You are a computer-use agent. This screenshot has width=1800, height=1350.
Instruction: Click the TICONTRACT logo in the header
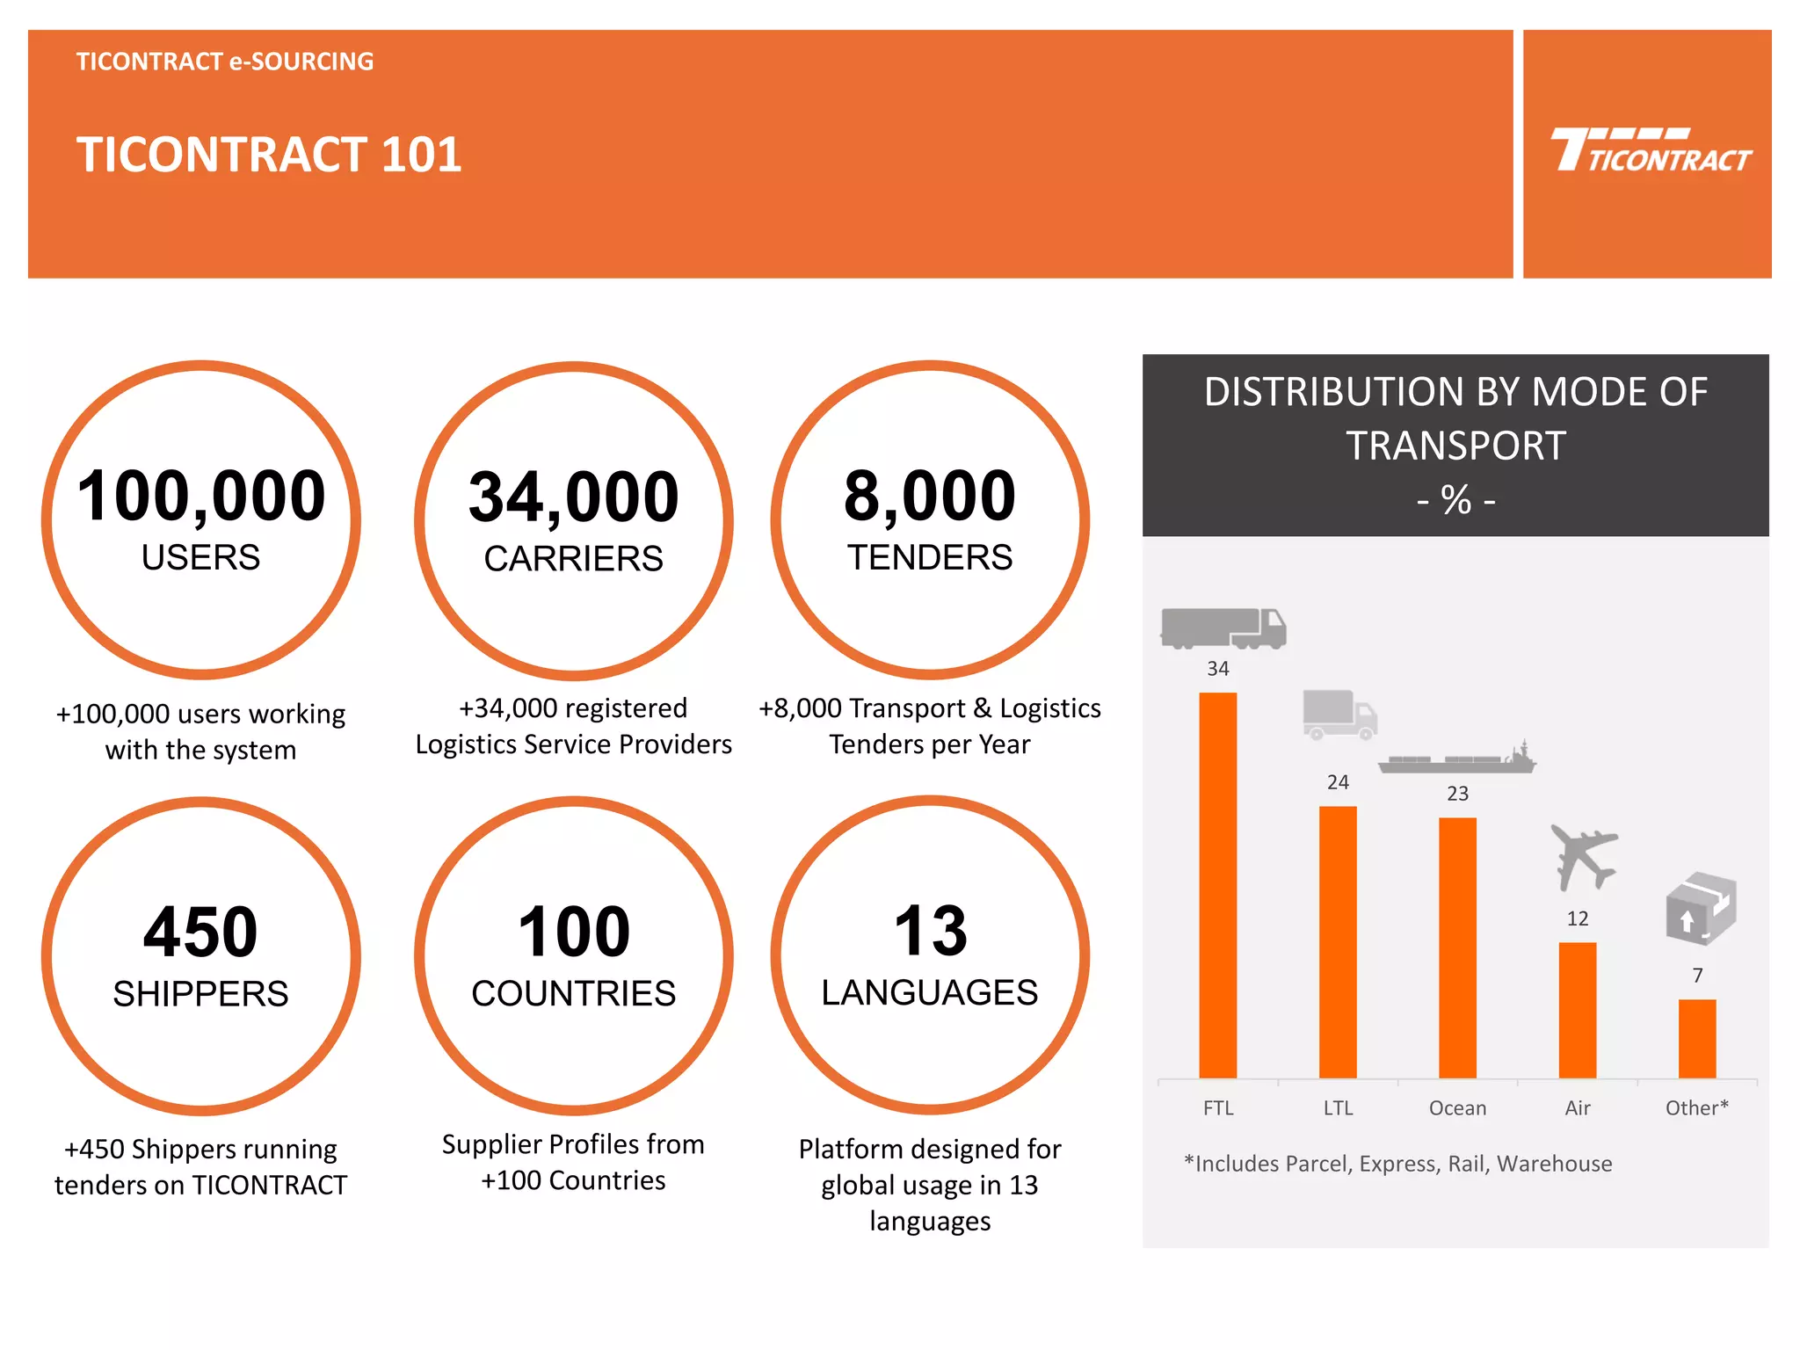point(1650,151)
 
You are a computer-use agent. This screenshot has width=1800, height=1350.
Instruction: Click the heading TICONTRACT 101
point(269,155)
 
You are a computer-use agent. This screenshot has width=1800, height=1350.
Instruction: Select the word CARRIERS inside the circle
point(573,559)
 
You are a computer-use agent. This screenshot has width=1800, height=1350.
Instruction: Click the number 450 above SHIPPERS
point(200,932)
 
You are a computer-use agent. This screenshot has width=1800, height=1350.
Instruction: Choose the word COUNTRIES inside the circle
point(573,994)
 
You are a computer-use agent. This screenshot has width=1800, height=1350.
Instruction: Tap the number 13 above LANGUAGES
point(930,931)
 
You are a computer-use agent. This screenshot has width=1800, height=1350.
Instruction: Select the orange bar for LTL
point(1337,941)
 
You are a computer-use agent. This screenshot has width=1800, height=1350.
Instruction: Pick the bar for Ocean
point(1457,947)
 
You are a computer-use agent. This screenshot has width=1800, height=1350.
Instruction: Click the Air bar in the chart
point(1577,1010)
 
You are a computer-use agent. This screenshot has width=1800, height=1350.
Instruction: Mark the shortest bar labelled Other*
point(1696,1038)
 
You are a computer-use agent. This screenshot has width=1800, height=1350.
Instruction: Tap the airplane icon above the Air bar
point(1583,856)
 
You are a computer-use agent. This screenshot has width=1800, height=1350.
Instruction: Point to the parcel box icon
point(1700,908)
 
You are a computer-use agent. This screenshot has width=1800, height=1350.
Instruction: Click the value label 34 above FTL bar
point(1217,669)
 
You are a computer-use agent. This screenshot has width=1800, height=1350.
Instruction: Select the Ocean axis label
point(1457,1108)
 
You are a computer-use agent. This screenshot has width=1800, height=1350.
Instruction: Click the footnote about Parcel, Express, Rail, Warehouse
point(1397,1164)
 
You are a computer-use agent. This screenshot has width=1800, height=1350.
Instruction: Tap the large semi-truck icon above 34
point(1223,628)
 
